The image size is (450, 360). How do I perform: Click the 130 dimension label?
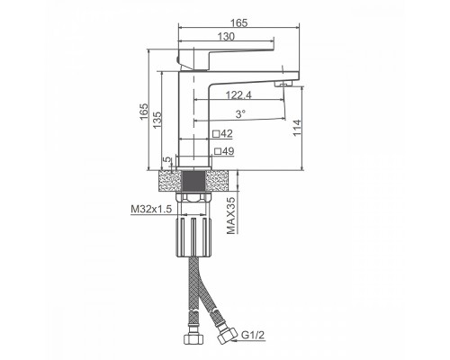click(x=226, y=37)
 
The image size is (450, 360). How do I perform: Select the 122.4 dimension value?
click(x=238, y=95)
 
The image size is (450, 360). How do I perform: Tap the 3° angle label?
click(x=240, y=114)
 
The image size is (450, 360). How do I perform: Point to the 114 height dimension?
click(x=297, y=128)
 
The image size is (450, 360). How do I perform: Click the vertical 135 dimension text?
click(x=157, y=121)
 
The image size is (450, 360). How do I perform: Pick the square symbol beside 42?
click(x=216, y=133)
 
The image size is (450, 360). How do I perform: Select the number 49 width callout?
click(x=228, y=151)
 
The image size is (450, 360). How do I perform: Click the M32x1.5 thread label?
click(x=151, y=209)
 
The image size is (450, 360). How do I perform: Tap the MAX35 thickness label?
click(x=230, y=216)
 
